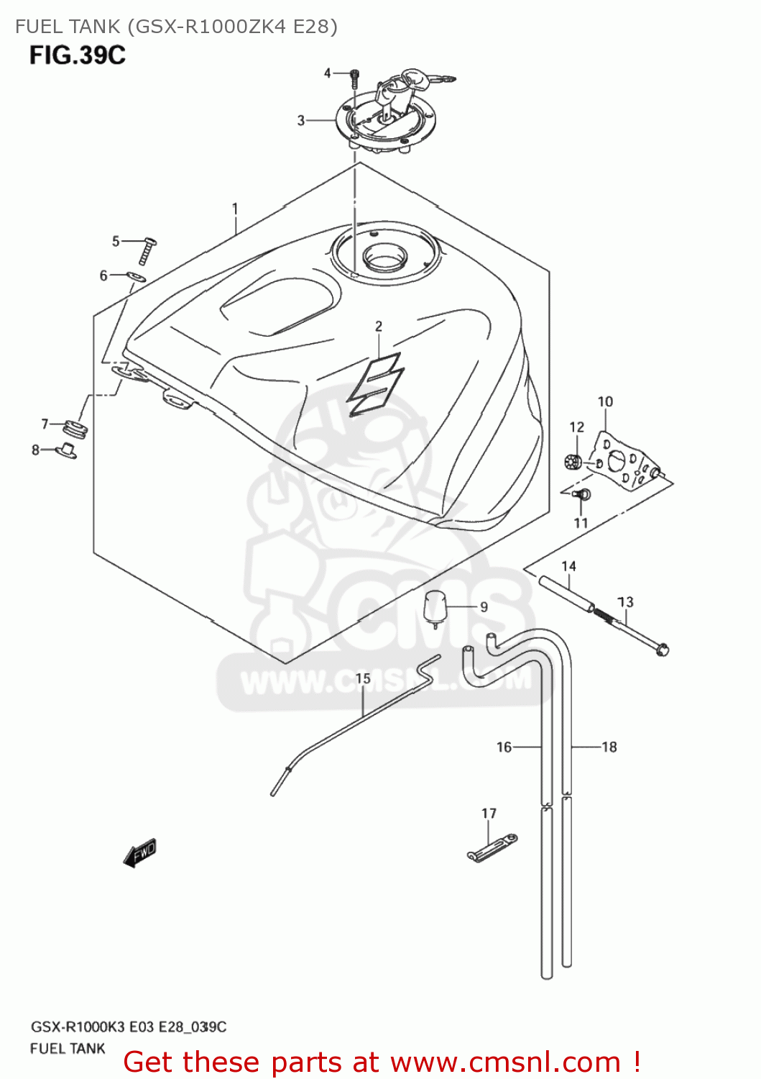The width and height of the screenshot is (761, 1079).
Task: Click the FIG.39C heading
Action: point(78,55)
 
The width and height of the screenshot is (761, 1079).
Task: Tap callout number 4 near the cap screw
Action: point(328,73)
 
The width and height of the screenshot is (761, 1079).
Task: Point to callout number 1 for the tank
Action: point(235,209)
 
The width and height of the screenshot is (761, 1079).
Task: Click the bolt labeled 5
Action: point(149,250)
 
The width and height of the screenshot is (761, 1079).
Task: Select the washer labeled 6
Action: point(137,278)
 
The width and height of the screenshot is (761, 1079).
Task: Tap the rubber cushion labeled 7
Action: point(75,429)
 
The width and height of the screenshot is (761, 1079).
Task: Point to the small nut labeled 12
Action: point(573,462)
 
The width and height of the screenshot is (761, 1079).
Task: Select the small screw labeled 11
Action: point(584,494)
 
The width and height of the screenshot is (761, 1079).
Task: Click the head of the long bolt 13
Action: point(662,650)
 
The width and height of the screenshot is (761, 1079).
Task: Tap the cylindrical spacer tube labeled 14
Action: point(568,593)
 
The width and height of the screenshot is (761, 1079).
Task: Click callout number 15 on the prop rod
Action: point(363,678)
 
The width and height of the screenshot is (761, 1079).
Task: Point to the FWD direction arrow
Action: point(140,853)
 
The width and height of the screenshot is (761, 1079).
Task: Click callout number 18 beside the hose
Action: point(609,747)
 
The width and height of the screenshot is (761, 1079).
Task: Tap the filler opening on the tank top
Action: point(384,255)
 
